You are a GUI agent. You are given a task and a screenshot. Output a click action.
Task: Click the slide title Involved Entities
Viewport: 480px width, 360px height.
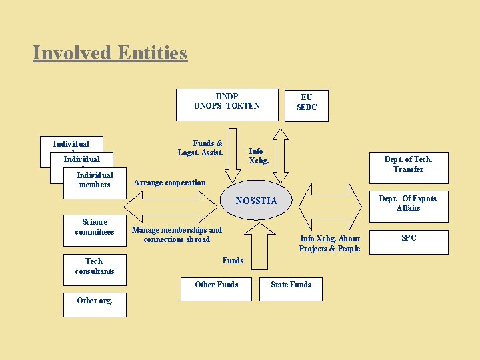point(110,53)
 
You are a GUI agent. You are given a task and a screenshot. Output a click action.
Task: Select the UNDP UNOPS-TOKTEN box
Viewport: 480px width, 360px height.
point(227,105)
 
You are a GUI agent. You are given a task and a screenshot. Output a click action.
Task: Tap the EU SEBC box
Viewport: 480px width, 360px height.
point(307,105)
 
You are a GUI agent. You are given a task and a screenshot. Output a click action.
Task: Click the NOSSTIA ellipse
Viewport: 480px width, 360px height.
point(256,201)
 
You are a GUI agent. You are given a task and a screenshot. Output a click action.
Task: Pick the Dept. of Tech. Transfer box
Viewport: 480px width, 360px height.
point(408,164)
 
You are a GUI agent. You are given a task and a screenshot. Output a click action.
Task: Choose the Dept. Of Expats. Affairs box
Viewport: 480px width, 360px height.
point(408,203)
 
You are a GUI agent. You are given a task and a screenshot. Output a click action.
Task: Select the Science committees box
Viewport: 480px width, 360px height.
point(95,227)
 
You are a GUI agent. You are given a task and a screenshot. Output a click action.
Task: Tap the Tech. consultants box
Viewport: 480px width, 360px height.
point(95,266)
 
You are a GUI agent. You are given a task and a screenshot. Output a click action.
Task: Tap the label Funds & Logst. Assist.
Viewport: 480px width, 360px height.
point(200,148)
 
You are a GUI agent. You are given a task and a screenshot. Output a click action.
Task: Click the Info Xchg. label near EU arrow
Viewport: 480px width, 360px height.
point(259,156)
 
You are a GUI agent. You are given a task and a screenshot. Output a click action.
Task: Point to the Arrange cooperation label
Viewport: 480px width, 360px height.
point(170,183)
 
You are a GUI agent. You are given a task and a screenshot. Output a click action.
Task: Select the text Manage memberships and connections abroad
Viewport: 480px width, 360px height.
point(177,235)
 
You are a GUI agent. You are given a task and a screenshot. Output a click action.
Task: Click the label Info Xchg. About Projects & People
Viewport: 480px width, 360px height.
point(329,243)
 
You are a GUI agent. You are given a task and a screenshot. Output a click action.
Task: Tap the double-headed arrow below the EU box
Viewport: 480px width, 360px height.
point(281,154)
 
